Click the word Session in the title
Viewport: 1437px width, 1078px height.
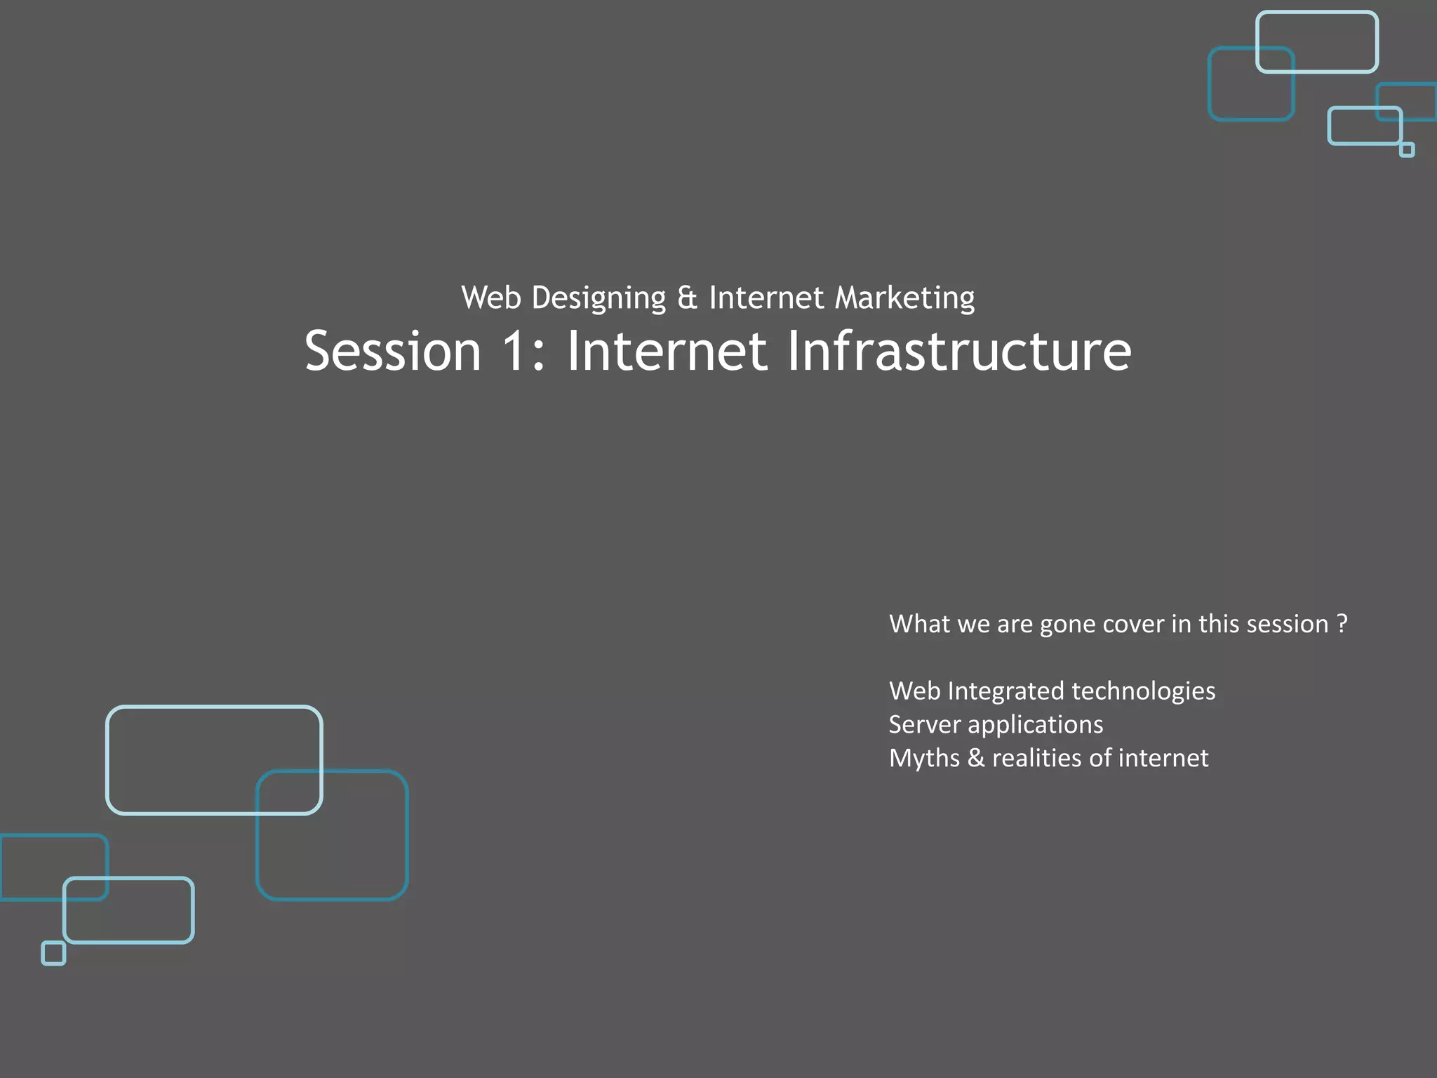point(393,351)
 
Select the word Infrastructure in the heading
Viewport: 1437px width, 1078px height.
point(958,351)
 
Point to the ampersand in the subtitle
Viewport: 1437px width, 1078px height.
point(687,298)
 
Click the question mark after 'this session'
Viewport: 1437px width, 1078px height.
point(1342,623)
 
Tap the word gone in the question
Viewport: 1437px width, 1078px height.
point(1067,625)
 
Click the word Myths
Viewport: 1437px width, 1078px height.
point(924,759)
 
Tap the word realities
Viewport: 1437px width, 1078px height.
point(1036,758)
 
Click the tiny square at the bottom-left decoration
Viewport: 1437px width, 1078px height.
point(53,953)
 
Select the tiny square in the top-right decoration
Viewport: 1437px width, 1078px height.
point(1406,149)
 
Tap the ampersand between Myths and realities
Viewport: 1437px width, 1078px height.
point(975,758)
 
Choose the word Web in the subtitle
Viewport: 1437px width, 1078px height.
point(491,298)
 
